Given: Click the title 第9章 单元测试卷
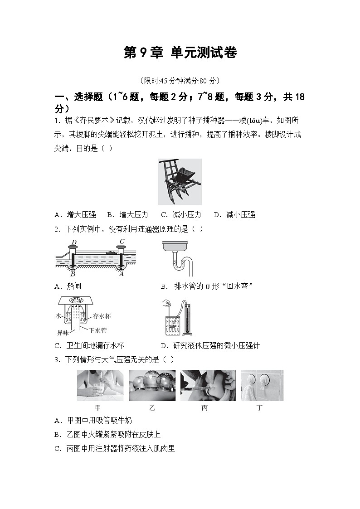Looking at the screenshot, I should (x=180, y=53).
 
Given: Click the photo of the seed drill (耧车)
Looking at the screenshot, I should (x=180, y=182).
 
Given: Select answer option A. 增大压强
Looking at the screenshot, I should (x=75, y=215).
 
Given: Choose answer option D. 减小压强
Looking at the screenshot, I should (x=234, y=215).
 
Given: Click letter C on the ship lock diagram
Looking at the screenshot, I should (x=122, y=241).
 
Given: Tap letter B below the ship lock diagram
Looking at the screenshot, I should (x=73, y=274).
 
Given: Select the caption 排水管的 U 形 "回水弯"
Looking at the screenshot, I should (x=213, y=286).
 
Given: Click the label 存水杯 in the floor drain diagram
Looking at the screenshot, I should (x=102, y=316).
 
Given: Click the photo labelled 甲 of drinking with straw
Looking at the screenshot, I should (x=100, y=385).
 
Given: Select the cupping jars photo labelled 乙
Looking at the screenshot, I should (x=152, y=385).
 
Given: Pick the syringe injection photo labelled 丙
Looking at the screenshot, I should (x=208, y=385).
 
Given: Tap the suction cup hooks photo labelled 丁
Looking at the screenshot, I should (x=262, y=385).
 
